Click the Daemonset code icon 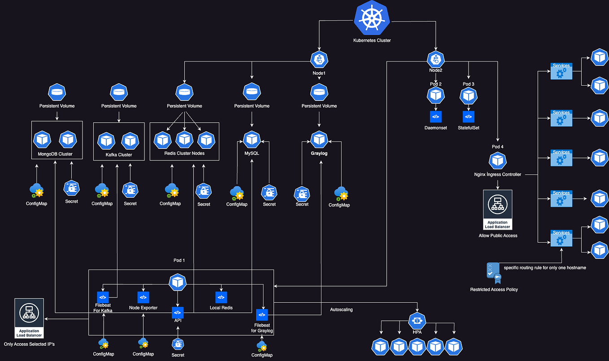[x=435, y=117]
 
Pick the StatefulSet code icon [x=469, y=117]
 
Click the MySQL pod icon [x=252, y=139]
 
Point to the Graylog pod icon [x=319, y=139]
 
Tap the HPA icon [x=417, y=321]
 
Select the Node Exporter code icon [x=143, y=297]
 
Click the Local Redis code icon [x=221, y=297]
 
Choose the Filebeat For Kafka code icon [x=103, y=297]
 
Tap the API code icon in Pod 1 [x=178, y=312]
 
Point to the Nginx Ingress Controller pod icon [x=497, y=161]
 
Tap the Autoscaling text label [x=341, y=309]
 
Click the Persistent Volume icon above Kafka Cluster [x=118, y=92]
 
